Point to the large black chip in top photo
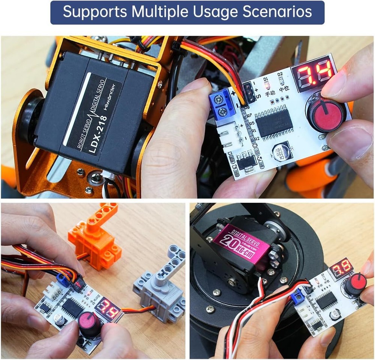point(274,123)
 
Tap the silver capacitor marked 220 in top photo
point(280,151)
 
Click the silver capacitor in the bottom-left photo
point(59,319)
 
